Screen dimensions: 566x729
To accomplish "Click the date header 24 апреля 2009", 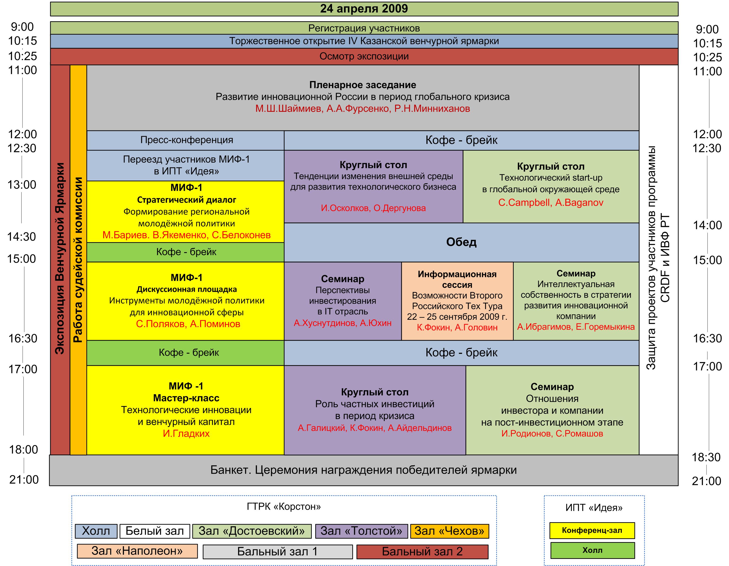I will pos(364,9).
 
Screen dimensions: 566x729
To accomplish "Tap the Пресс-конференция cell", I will pos(187,140).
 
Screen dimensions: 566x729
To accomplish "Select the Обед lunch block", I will pos(461,242).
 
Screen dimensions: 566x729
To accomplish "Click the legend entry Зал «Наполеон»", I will pos(137,551).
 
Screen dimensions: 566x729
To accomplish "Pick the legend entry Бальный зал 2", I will pos(422,551).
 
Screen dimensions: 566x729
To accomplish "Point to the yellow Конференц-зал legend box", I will pos(592,530).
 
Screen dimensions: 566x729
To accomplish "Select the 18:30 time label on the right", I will pos(706,457).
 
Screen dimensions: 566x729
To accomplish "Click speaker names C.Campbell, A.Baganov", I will pos(551,203).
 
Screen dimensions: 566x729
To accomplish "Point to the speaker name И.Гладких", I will pos(186,433).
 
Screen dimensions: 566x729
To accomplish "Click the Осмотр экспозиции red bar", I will pos(364,56).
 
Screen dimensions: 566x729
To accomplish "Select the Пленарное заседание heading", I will pos(362,85).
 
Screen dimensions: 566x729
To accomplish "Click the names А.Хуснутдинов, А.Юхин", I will pos(342,323).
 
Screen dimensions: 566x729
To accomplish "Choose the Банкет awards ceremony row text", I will pos(363,470).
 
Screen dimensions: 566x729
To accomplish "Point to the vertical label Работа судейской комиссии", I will pos(78,259).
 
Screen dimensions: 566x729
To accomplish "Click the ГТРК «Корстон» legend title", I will pos(284,507).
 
